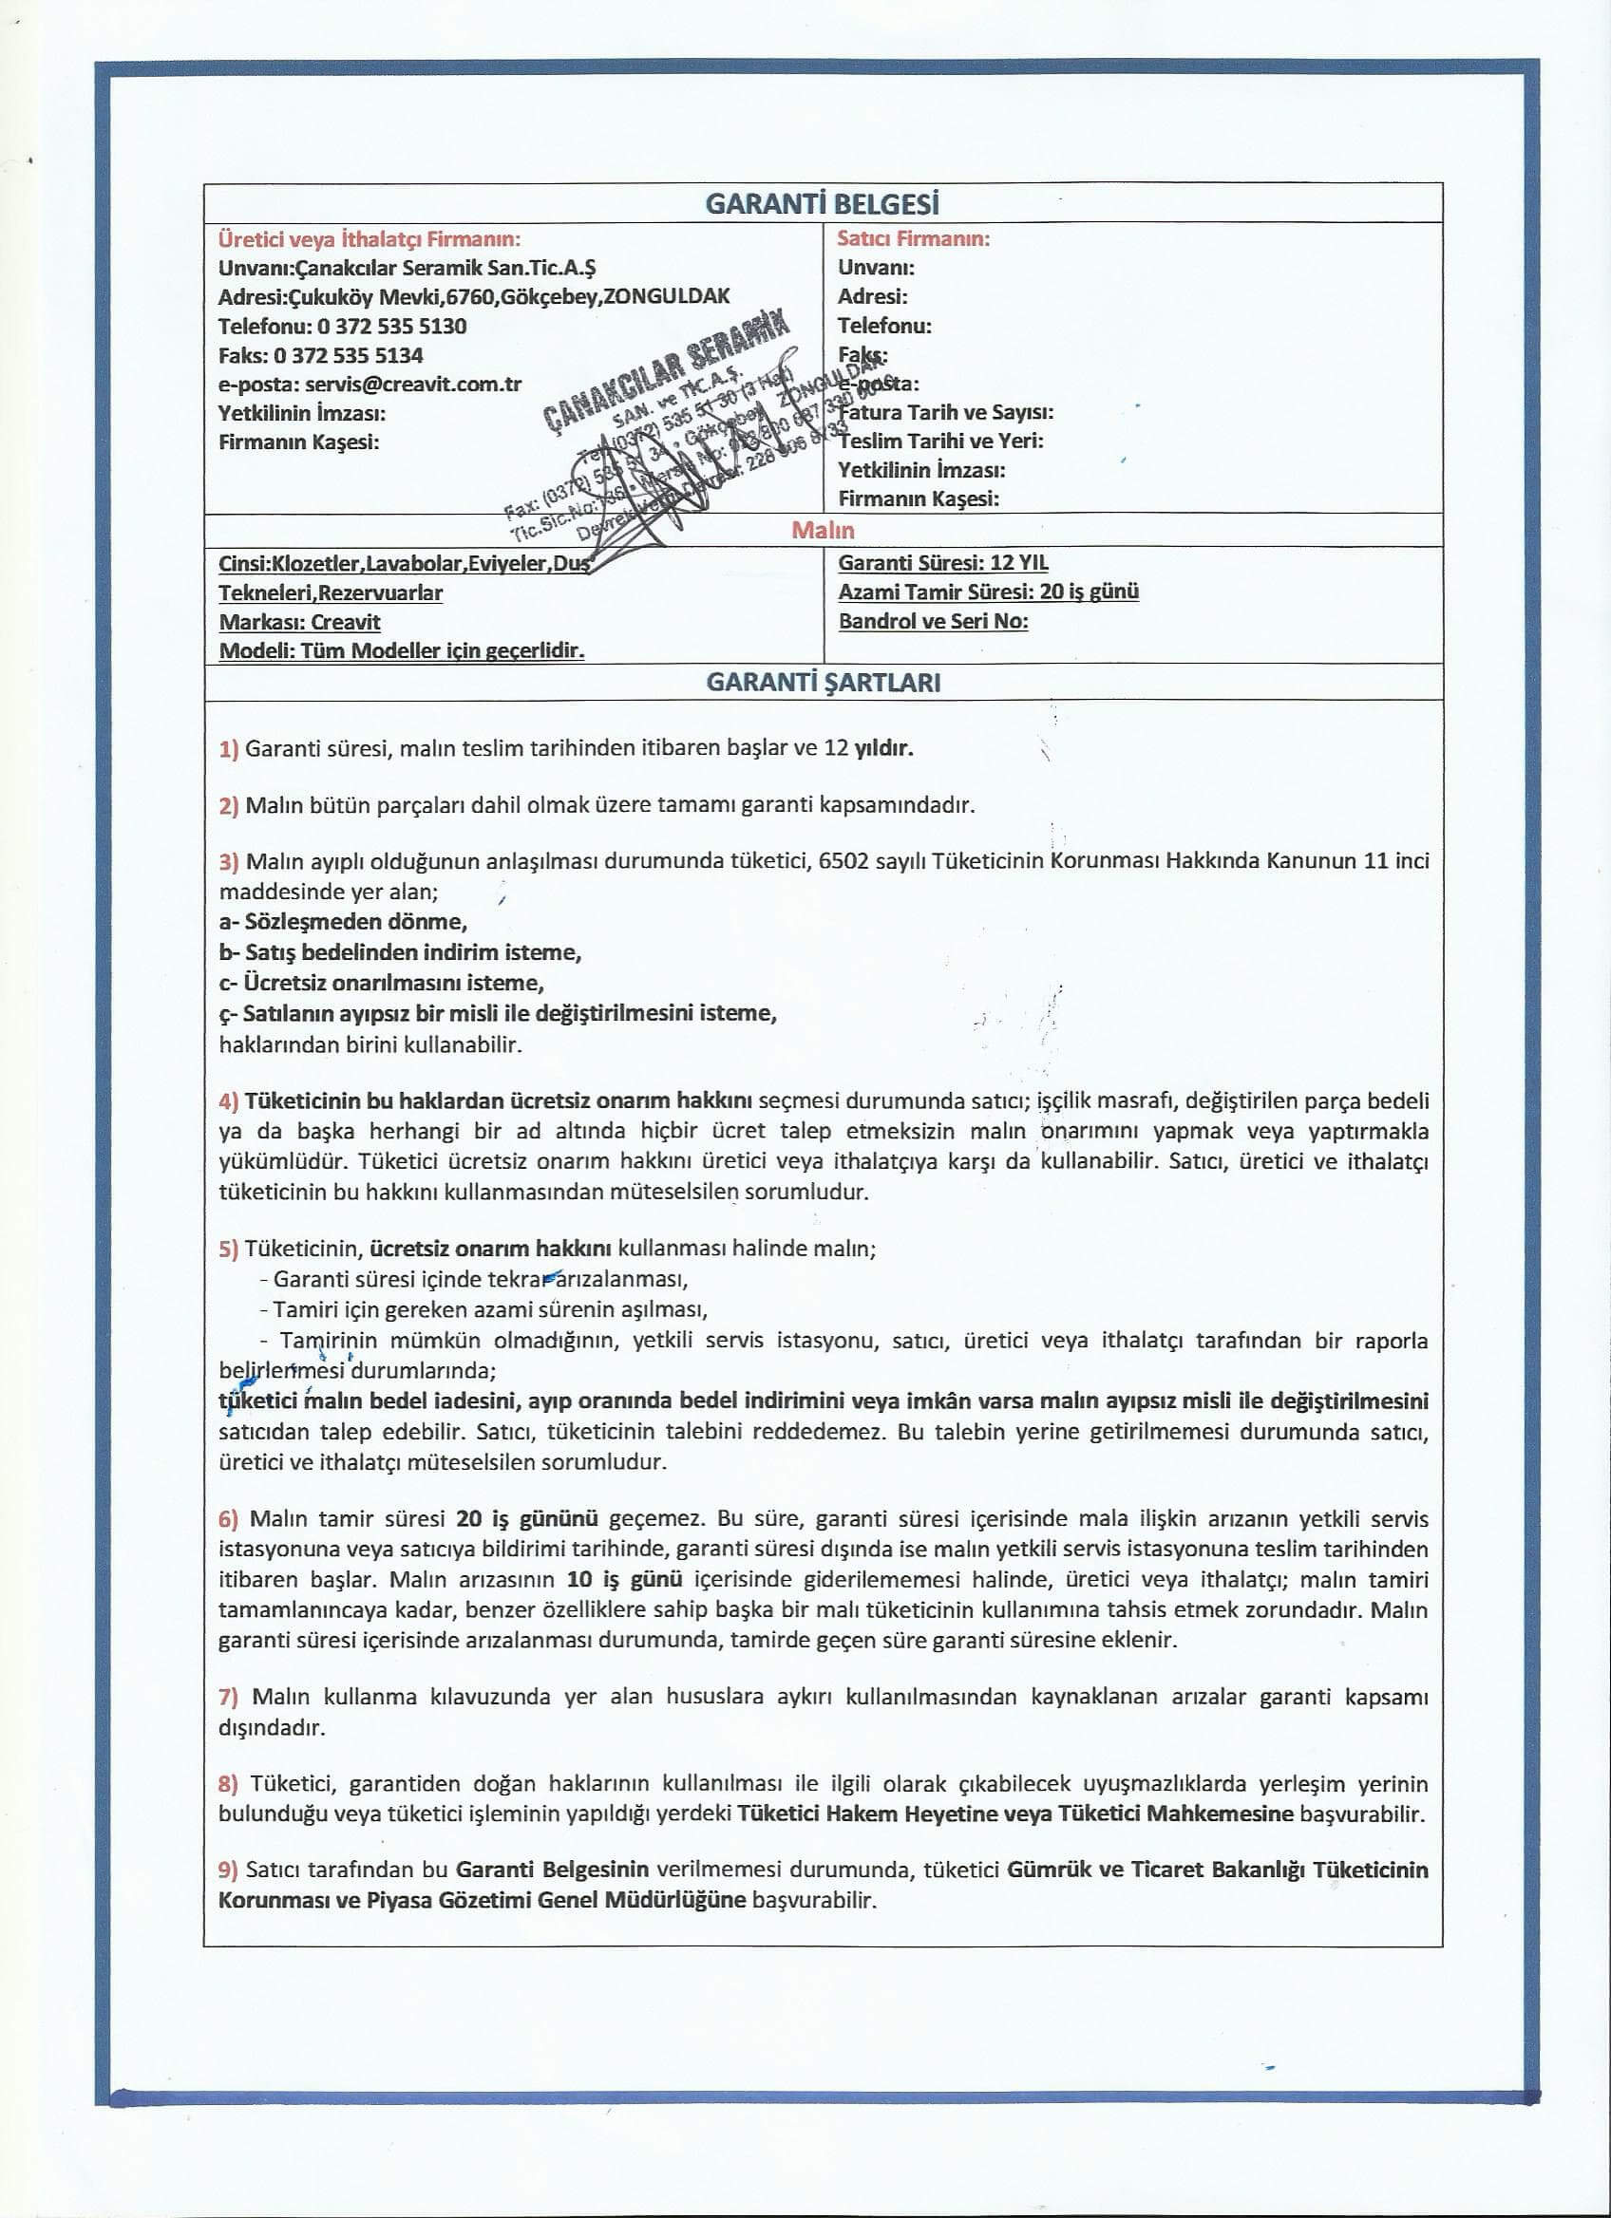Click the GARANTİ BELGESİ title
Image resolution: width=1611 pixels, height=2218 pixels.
[x=822, y=204]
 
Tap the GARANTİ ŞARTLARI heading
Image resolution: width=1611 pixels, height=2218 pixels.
[x=823, y=683]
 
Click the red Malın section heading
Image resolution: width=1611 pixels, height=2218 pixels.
[x=823, y=530]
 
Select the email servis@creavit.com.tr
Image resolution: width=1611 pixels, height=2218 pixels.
[x=413, y=385]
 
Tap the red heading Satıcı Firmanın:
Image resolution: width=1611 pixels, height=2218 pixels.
[x=914, y=238]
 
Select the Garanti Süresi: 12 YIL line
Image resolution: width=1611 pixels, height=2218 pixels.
[x=943, y=562]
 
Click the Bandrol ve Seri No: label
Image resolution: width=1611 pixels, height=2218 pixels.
[x=933, y=621]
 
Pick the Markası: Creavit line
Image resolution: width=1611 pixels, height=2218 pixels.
[x=299, y=622]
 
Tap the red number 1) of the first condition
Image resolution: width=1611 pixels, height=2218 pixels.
[x=229, y=749]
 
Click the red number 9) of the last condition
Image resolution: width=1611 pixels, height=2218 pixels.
[x=229, y=1870]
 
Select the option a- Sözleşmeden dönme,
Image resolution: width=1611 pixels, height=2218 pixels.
[x=343, y=921]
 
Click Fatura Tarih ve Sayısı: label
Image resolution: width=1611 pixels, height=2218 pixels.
[x=946, y=413]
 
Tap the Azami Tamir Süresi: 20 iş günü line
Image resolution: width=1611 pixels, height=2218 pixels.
[x=988, y=592]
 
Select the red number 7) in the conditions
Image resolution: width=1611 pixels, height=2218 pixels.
[x=229, y=1697]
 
